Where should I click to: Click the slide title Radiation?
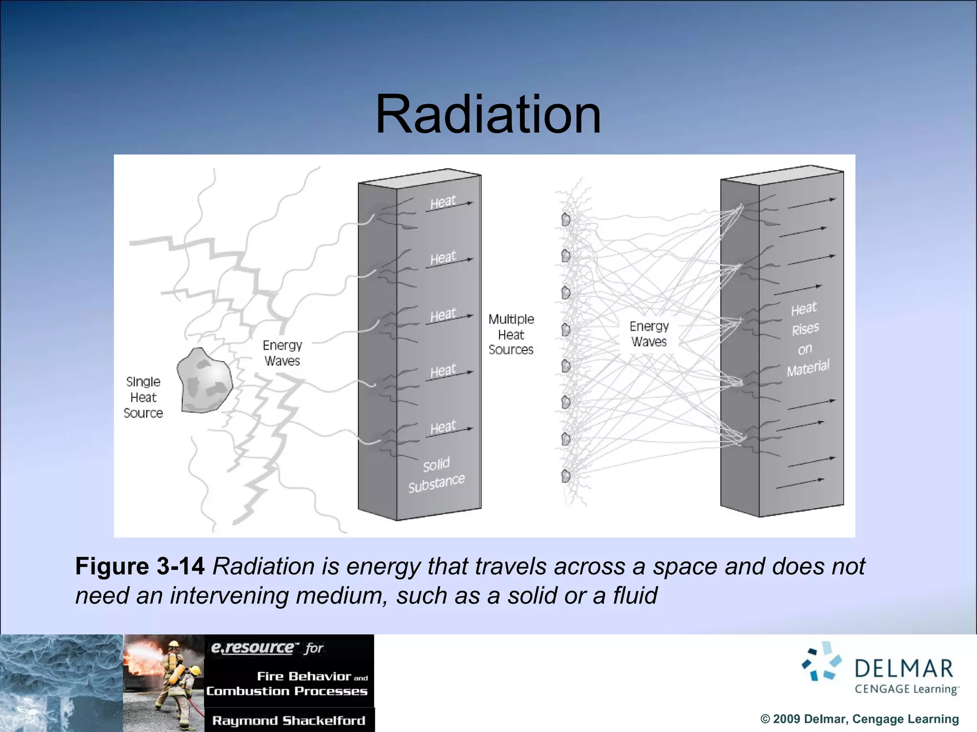pyautogui.click(x=488, y=115)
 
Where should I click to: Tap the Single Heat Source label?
pyautogui.click(x=143, y=397)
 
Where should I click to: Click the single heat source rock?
pyautogui.click(x=204, y=381)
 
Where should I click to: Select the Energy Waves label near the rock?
pyautogui.click(x=282, y=353)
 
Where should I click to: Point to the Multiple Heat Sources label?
pyautogui.click(x=511, y=334)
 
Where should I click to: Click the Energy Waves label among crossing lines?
pyautogui.click(x=649, y=334)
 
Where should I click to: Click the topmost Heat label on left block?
pyautogui.click(x=443, y=202)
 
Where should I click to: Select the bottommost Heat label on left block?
pyautogui.click(x=443, y=427)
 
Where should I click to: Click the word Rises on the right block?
pyautogui.click(x=805, y=329)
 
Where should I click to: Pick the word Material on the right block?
pyautogui.click(x=808, y=367)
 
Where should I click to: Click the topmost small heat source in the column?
pyautogui.click(x=566, y=220)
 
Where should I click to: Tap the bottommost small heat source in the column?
pyautogui.click(x=566, y=476)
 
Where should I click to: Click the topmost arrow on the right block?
pyautogui.click(x=811, y=203)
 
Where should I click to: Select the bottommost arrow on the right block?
pyautogui.click(x=800, y=484)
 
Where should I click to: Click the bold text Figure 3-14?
pyautogui.click(x=140, y=566)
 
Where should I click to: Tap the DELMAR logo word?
pyautogui.click(x=904, y=669)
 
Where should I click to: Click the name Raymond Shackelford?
pyautogui.click(x=289, y=720)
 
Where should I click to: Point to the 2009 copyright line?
pyautogui.click(x=859, y=719)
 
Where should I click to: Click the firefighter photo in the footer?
pyautogui.click(x=164, y=682)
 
